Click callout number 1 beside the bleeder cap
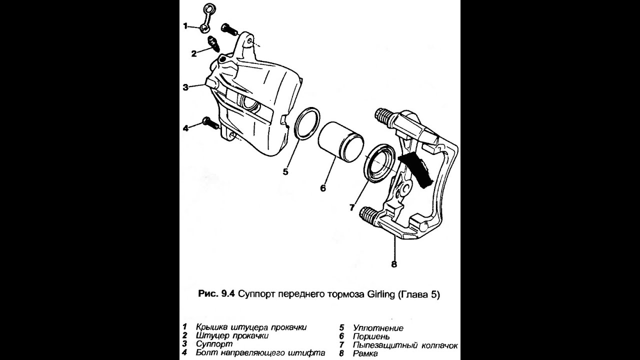pyautogui.click(x=185, y=26)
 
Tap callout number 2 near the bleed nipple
pyautogui.click(x=194, y=53)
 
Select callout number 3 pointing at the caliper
pyautogui.click(x=185, y=87)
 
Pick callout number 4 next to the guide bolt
pyautogui.click(x=185, y=128)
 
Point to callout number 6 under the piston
pyautogui.click(x=323, y=188)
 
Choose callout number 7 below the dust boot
pyautogui.click(x=352, y=207)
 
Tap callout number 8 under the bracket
pyautogui.click(x=394, y=264)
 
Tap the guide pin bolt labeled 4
pyautogui.click(x=211, y=123)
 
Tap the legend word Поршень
pyautogui.click(x=371, y=336)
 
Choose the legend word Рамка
pyautogui.click(x=365, y=353)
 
